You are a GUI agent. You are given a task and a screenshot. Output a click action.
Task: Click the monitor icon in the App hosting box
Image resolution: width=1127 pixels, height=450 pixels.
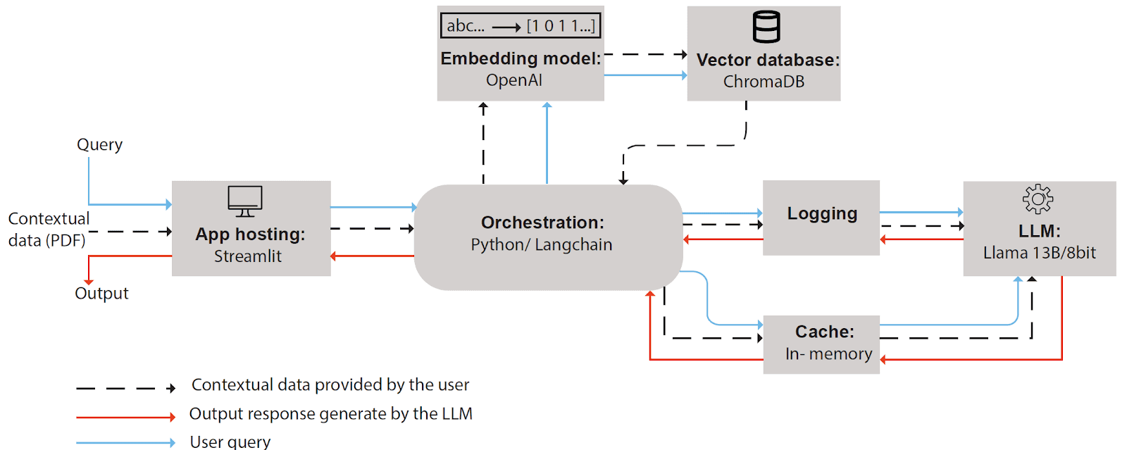[245, 201]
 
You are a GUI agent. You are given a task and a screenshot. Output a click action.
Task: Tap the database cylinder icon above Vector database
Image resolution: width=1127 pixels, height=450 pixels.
[766, 27]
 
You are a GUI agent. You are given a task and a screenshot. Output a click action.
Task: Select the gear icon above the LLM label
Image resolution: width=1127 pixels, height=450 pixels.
[1038, 199]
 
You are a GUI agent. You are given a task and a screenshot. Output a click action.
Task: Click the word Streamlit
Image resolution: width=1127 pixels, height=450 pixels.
[248, 256]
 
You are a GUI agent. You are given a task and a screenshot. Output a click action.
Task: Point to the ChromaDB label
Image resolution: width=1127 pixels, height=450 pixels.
[764, 82]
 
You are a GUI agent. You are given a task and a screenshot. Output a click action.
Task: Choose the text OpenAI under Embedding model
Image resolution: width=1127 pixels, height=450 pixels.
[514, 80]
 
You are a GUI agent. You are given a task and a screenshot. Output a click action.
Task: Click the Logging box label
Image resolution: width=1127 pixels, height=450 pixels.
[822, 213]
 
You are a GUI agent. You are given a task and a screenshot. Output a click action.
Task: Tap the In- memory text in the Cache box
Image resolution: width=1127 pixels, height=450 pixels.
[828, 354]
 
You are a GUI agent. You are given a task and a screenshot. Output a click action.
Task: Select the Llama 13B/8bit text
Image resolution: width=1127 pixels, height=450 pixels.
[1039, 253]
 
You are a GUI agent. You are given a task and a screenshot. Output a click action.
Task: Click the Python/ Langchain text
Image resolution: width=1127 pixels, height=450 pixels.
[542, 245]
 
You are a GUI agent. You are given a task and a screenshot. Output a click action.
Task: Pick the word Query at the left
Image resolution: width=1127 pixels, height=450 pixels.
[99, 144]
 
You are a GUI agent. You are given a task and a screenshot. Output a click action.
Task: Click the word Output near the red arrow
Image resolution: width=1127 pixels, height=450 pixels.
[101, 293]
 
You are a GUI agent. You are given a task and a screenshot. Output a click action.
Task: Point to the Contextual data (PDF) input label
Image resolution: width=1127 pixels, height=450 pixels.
[48, 230]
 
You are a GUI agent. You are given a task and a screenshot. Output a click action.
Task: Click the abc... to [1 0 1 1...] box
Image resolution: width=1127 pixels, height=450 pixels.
[521, 26]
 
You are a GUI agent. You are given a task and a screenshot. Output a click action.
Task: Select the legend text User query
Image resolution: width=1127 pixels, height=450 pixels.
[230, 442]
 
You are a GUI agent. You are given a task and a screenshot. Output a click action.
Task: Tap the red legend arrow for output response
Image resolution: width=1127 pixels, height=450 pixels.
[125, 417]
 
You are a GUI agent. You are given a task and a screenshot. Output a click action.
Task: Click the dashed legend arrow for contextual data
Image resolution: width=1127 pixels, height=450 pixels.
[125, 388]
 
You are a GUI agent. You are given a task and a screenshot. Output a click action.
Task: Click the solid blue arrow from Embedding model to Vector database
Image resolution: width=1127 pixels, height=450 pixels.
[645, 75]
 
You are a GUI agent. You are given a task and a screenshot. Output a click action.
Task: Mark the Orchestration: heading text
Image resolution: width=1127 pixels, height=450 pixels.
[542, 223]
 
